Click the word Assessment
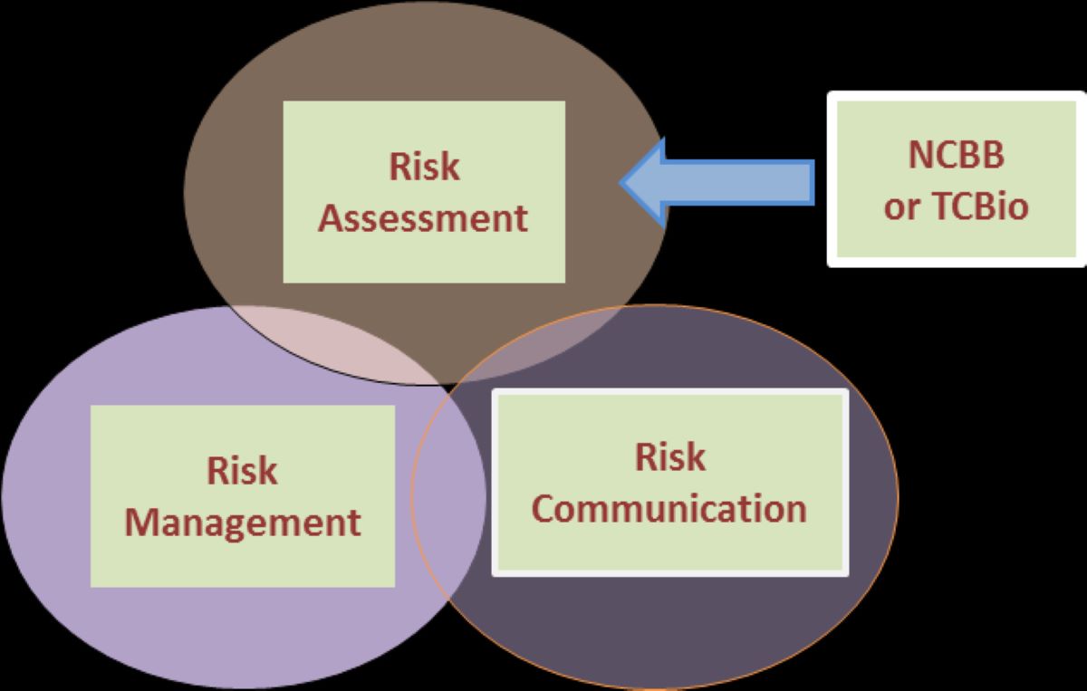[423, 218]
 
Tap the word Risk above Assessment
[424, 167]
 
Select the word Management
[242, 523]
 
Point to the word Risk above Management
[242, 471]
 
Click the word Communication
[669, 508]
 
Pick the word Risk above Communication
[669, 456]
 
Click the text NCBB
[956, 155]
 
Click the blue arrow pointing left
[725, 180]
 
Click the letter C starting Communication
[543, 508]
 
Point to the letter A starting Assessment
[330, 218]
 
